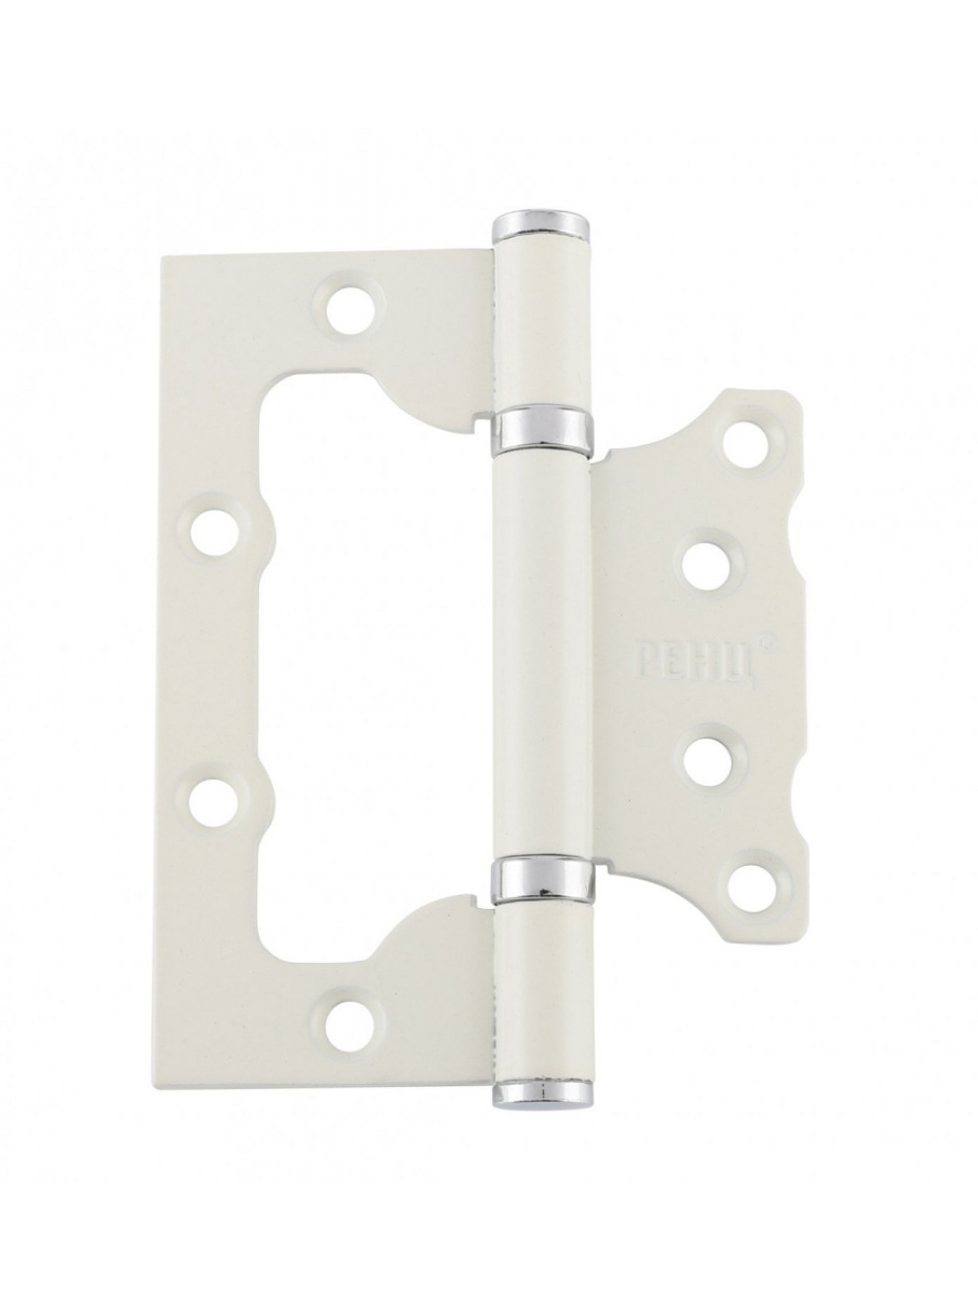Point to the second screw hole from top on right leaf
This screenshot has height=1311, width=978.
(708, 565)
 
